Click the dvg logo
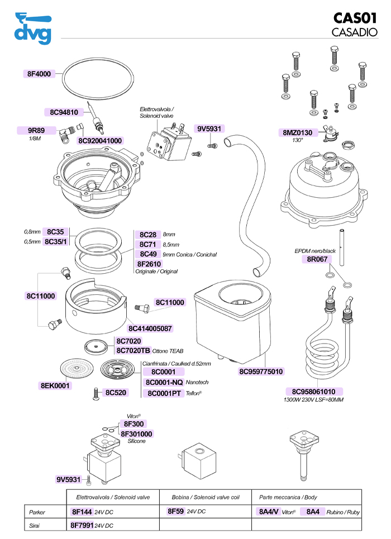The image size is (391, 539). (x=32, y=28)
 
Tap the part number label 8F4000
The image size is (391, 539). (x=39, y=74)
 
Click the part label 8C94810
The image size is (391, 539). (x=63, y=112)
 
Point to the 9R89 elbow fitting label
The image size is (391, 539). (x=36, y=131)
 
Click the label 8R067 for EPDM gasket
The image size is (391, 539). (x=316, y=259)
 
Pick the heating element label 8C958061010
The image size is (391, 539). (x=314, y=392)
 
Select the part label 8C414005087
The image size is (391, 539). (x=150, y=328)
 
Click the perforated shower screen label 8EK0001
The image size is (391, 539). (x=55, y=385)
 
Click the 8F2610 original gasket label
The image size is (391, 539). (x=149, y=264)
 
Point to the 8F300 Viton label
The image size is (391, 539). (x=134, y=424)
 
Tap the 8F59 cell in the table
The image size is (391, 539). (x=175, y=511)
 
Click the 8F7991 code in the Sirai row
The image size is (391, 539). (x=82, y=526)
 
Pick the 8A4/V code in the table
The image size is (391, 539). (x=268, y=512)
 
